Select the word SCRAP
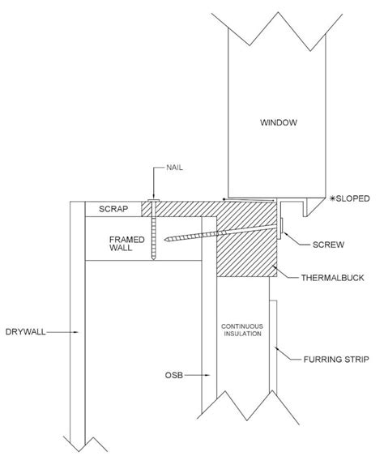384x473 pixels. pyautogui.click(x=109, y=209)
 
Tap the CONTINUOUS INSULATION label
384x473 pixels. pyautogui.click(x=242, y=333)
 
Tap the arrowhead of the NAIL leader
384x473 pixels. pyautogui.click(x=152, y=194)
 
